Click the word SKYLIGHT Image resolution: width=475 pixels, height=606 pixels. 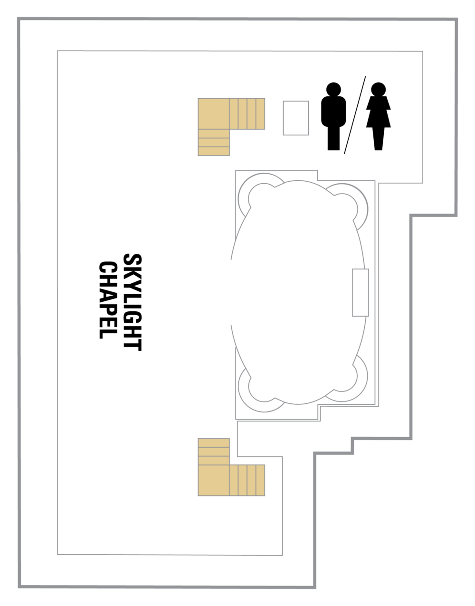133,303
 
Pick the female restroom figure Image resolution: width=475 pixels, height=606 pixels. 378,116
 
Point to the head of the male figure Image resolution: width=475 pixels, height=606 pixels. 333,90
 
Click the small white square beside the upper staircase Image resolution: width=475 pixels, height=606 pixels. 296,118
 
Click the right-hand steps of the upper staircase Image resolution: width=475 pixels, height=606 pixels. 247,114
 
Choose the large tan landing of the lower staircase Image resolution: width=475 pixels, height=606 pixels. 214,481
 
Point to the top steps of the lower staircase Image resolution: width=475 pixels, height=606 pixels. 214,451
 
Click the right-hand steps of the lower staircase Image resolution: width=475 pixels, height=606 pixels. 247,481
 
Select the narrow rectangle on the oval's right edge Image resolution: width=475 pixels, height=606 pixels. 361,292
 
